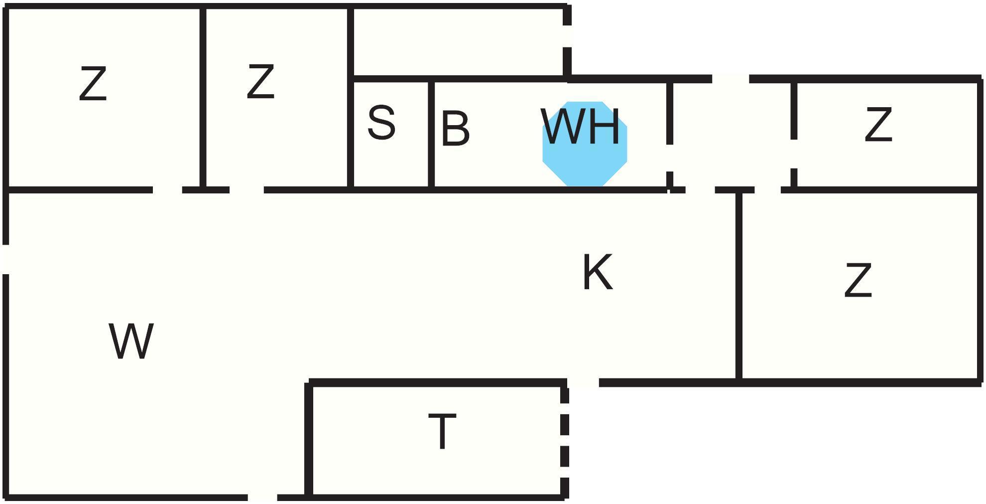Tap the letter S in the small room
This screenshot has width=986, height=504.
point(381,123)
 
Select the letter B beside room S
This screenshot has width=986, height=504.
point(455,129)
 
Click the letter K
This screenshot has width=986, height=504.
point(597,272)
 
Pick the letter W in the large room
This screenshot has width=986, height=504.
point(131,341)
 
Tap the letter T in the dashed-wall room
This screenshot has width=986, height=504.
point(442,432)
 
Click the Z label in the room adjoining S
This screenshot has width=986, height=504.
point(260,81)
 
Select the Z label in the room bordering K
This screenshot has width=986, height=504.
point(858,281)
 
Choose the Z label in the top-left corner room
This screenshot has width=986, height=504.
point(93,84)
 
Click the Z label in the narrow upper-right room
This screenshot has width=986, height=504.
point(878,125)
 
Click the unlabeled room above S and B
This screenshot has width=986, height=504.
point(458,42)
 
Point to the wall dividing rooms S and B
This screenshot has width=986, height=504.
point(431,135)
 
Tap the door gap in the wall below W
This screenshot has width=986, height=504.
point(262,498)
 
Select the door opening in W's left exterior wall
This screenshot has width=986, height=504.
point(6,259)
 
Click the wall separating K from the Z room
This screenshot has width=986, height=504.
point(739,284)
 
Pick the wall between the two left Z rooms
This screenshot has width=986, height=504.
point(203,97)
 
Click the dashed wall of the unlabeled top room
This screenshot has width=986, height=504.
point(567,42)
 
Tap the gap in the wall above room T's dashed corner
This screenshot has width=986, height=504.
point(583,382)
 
